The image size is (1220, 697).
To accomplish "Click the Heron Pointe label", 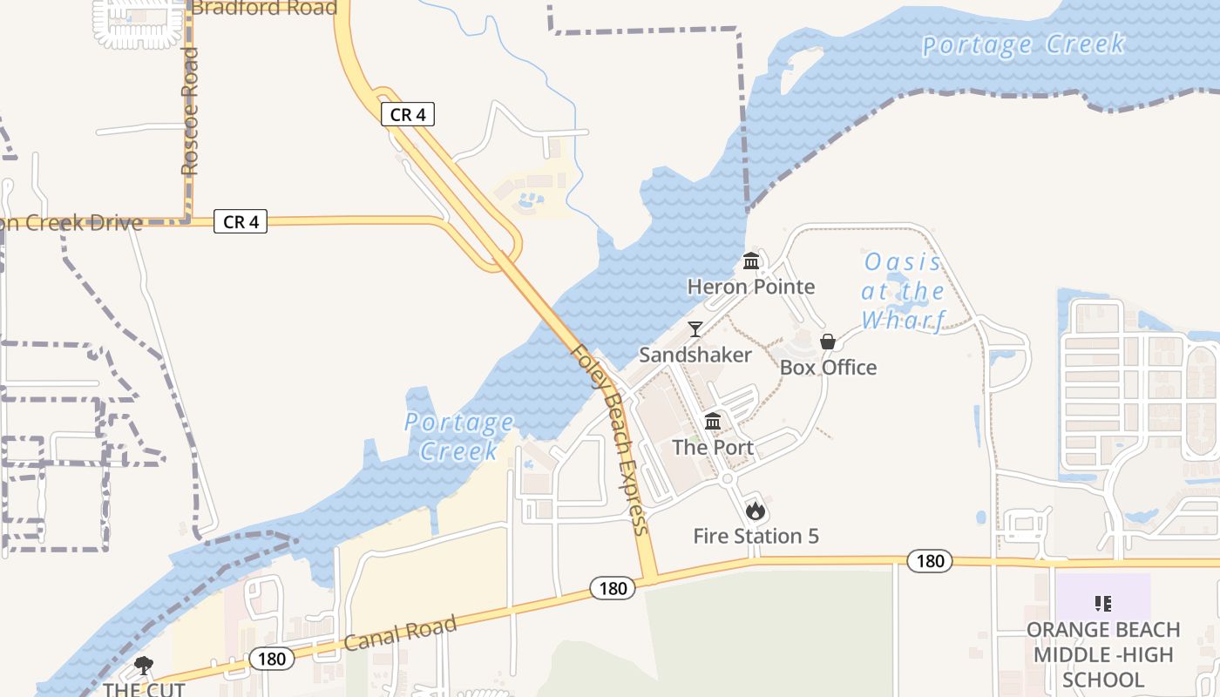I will [751, 287].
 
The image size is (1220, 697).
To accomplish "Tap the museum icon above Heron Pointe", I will [751, 261].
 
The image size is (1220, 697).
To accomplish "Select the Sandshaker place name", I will [695, 355].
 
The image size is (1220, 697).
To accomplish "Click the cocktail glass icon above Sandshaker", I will [695, 329].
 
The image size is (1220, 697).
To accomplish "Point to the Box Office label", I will [828, 367].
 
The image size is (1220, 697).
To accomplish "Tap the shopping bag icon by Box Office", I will [828, 342].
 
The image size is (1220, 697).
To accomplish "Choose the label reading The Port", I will [713, 447].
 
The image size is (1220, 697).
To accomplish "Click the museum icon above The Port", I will [713, 423].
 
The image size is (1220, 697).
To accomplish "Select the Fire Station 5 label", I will [756, 536].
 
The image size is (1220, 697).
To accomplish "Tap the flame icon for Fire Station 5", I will [756, 511].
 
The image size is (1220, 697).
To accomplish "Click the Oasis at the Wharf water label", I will [903, 291].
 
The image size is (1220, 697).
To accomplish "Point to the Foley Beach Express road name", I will [610, 440].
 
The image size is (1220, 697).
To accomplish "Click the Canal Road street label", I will [400, 633].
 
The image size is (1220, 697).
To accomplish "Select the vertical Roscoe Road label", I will [189, 111].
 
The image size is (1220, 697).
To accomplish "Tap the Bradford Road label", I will [264, 8].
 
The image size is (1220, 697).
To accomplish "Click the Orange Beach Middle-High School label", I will [1103, 654].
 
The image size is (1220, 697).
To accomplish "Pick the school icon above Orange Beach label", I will [1103, 603].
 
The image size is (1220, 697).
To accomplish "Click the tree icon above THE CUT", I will [144, 667].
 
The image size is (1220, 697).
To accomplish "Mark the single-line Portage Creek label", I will [1024, 44].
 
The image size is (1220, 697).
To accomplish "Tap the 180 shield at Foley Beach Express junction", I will [613, 588].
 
